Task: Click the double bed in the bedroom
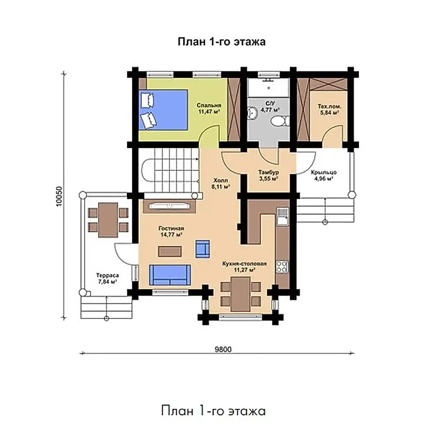point(164,110)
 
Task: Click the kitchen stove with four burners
point(282,267)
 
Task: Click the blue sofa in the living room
point(170,274)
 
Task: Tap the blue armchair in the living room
point(203,248)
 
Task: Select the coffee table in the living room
point(170,251)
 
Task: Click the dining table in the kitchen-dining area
point(240,294)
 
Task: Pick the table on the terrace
point(108,220)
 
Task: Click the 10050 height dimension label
point(59,196)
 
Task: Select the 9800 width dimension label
point(223,349)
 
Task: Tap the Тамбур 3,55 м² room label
point(268,176)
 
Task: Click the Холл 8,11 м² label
point(220,183)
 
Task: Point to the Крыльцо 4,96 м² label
point(323,176)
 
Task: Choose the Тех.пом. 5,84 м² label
point(329,110)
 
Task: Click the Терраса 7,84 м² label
point(107,279)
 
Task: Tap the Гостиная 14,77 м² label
point(171,231)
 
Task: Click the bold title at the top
point(222,42)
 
